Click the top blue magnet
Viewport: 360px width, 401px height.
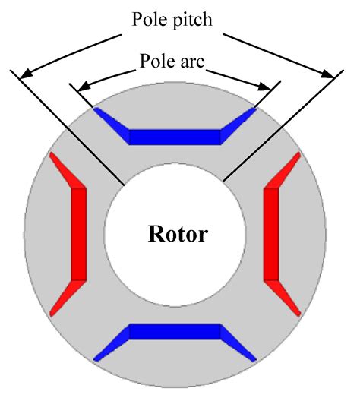coord(175,136)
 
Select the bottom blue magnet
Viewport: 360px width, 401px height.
coord(175,332)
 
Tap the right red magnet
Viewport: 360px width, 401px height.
coord(273,233)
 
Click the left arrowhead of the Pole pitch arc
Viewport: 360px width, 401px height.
coord(27,74)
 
